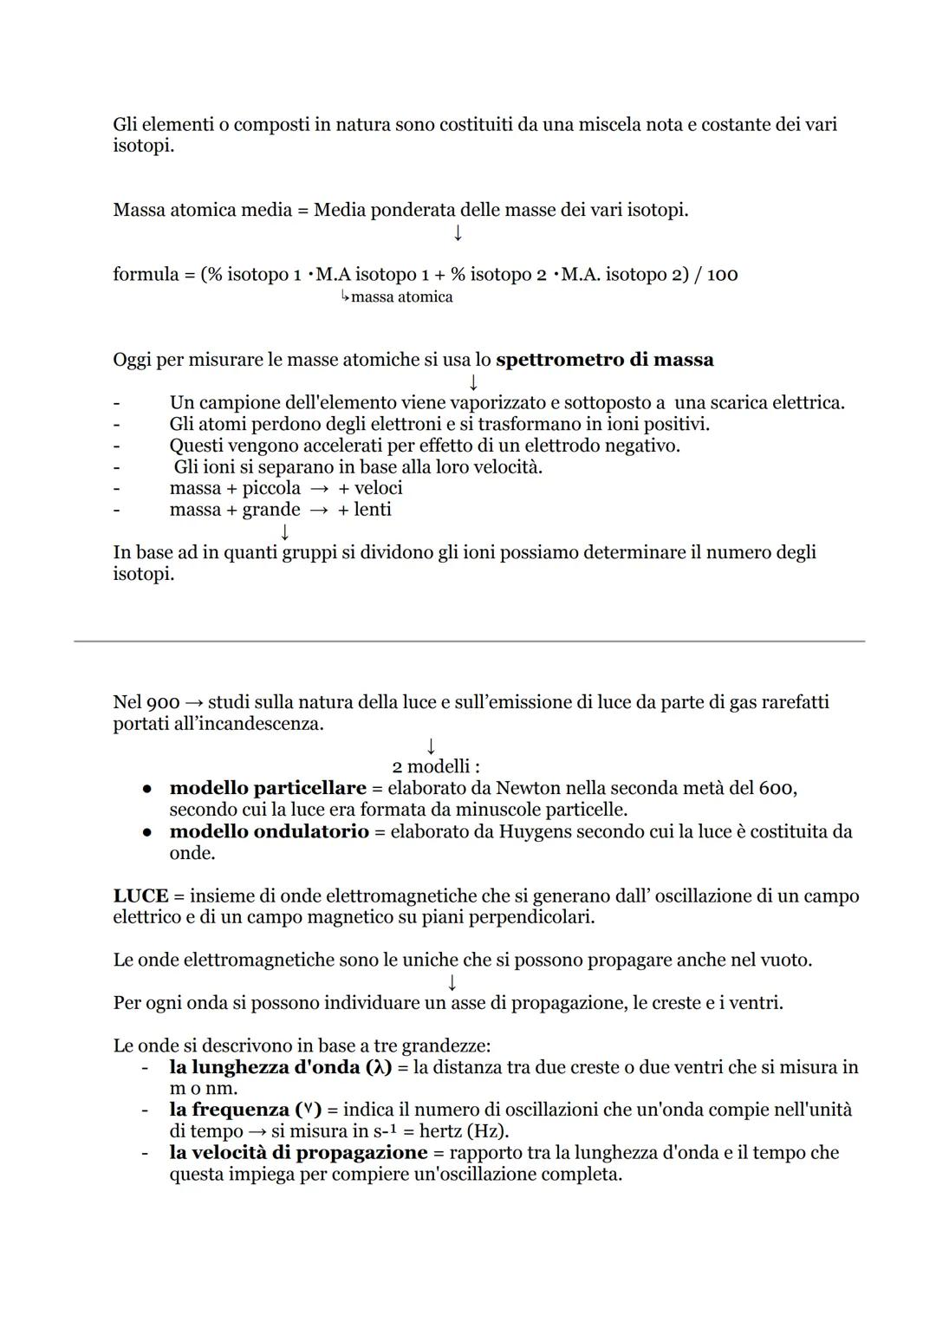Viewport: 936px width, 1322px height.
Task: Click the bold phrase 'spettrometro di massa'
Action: (x=604, y=360)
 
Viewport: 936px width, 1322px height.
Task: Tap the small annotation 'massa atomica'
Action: (x=401, y=297)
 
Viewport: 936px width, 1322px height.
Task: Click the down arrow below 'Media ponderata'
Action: (x=458, y=233)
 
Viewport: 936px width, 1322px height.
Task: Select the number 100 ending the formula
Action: (x=722, y=275)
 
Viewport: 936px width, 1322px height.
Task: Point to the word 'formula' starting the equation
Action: (x=145, y=275)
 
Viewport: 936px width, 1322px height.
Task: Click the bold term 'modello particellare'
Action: (x=268, y=788)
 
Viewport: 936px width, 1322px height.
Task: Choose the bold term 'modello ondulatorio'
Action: (x=269, y=831)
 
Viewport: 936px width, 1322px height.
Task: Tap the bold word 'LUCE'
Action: (x=140, y=895)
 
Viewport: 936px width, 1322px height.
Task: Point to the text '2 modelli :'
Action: (x=436, y=766)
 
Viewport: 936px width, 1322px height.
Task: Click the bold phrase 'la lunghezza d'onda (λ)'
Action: (x=281, y=1067)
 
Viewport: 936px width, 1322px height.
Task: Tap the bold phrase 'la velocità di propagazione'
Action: (x=298, y=1153)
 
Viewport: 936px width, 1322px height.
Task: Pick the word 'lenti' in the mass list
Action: (x=373, y=510)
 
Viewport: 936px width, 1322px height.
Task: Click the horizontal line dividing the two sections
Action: (x=469, y=641)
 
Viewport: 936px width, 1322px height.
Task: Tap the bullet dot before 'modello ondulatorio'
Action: (x=148, y=832)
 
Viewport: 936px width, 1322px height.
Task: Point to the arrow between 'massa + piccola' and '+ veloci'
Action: (x=319, y=489)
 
